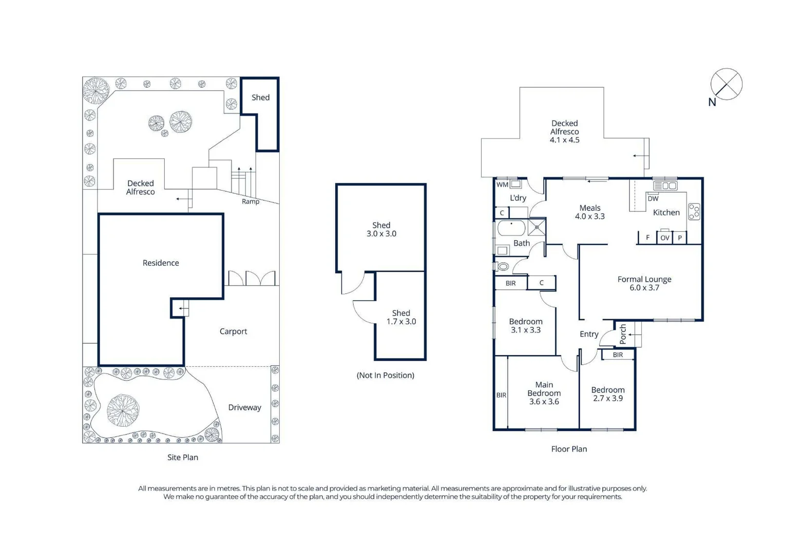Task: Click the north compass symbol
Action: coord(726,84)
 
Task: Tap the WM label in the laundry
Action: coord(502,185)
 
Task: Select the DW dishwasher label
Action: coord(653,199)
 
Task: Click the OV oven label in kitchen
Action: coord(665,238)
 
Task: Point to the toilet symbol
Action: coord(503,267)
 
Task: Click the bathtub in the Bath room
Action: coord(511,228)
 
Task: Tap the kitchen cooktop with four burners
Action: coord(694,212)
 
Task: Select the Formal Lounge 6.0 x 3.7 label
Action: coord(644,283)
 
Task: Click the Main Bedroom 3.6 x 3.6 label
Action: coord(544,393)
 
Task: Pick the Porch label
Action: coord(623,334)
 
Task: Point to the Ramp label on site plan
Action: coord(251,202)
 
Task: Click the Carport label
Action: coord(233,331)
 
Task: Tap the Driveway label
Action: coord(244,407)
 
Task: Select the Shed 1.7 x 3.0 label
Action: coord(401,318)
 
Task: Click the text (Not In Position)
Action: coord(385,375)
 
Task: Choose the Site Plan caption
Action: coord(183,457)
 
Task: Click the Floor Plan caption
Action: coord(569,449)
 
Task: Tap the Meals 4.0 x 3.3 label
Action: coord(590,212)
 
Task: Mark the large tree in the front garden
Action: coord(123,410)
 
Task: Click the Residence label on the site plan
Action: coord(161,263)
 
